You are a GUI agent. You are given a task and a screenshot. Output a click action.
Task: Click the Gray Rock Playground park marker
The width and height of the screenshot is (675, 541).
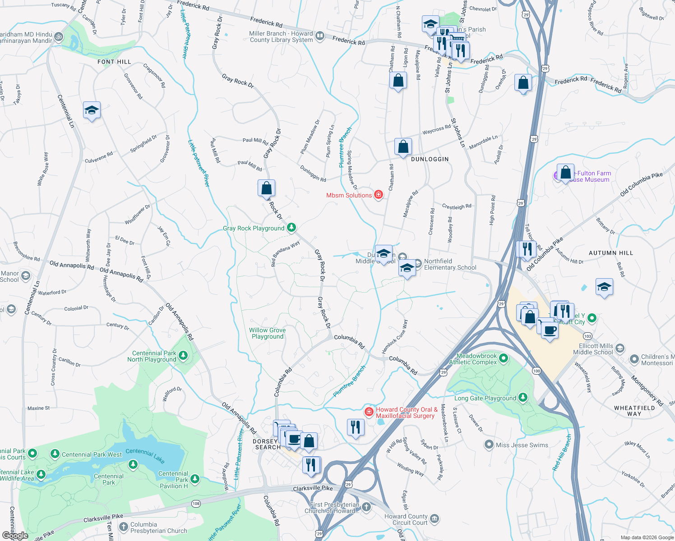point(291,227)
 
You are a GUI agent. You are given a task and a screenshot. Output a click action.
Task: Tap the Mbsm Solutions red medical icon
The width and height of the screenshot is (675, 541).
point(379,195)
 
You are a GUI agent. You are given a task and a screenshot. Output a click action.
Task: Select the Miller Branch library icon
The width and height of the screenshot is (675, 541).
point(320,36)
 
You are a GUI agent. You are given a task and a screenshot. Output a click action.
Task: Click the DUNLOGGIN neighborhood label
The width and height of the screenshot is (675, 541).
point(430,159)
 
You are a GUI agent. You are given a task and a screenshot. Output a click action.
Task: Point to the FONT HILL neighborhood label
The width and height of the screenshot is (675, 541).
point(114,62)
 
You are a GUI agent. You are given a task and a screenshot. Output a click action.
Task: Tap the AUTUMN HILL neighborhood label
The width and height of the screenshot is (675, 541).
point(610,253)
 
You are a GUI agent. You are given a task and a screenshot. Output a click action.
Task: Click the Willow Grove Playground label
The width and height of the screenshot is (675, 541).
point(267,333)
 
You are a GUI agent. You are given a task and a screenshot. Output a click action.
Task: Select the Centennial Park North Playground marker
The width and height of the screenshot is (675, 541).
point(183,355)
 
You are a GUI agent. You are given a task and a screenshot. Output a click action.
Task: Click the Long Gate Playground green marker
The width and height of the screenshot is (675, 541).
point(522,397)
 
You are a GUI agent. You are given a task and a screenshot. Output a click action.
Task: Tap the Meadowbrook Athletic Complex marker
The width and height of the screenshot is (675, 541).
point(504,358)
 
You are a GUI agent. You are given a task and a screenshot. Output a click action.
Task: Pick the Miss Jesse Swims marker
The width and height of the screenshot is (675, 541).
point(489,445)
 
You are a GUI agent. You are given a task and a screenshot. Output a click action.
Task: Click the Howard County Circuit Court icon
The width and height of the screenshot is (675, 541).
point(434,519)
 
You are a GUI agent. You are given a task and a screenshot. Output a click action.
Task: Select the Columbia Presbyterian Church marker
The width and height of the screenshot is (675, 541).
point(123,526)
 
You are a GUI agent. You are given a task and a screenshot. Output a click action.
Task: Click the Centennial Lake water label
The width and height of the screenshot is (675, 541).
point(145,455)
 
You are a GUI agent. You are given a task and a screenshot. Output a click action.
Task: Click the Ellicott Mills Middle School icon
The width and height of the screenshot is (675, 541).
point(620,348)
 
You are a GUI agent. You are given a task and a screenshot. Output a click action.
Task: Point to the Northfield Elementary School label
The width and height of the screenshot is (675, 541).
point(450,264)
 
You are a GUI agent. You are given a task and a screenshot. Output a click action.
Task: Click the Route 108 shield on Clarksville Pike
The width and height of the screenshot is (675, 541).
point(195,503)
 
